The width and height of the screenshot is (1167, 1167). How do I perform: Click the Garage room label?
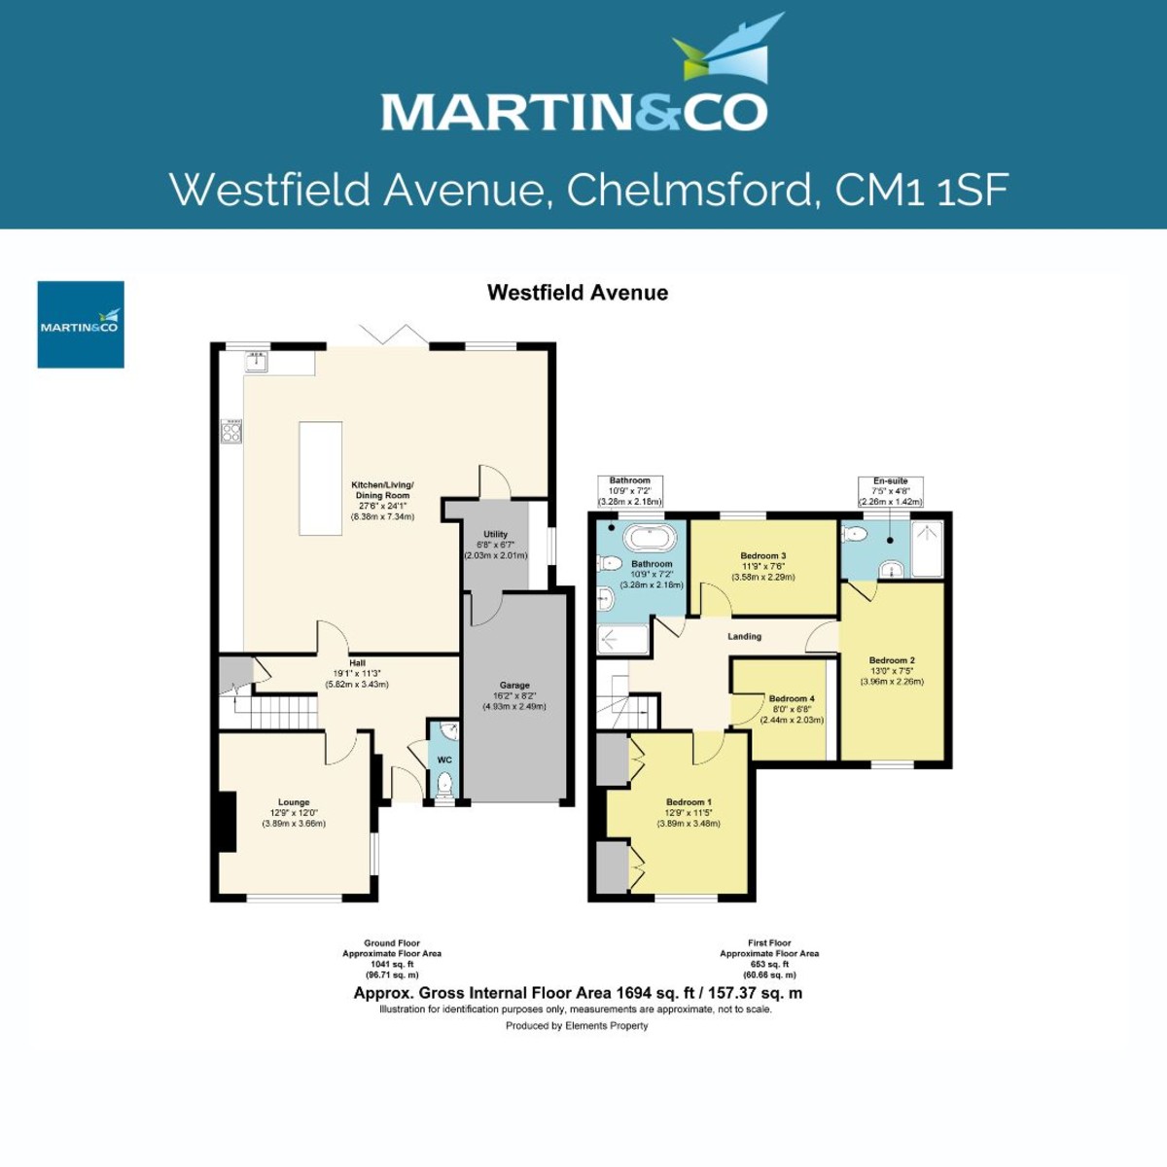tap(514, 686)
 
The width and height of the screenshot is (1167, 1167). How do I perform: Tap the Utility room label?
tap(495, 534)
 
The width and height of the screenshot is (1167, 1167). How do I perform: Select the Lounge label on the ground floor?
tap(294, 802)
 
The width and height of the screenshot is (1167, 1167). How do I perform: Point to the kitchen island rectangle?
tap(320, 477)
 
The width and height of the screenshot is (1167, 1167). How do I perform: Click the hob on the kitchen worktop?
tap(231, 431)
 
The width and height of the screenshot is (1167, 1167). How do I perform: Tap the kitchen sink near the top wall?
tap(256, 363)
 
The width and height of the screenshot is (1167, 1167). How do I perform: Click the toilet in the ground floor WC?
tap(444, 782)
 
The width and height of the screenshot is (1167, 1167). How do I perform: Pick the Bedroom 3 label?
tap(763, 556)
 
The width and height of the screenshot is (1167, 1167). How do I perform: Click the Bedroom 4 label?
tap(792, 698)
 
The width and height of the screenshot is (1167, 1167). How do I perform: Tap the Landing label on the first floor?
tap(745, 636)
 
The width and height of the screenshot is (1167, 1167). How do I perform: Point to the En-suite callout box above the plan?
tap(890, 491)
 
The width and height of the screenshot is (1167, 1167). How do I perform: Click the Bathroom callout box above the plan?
tap(630, 491)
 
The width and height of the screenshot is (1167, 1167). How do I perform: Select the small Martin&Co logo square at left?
tap(81, 325)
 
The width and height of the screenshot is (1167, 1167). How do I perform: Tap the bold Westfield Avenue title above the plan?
tap(578, 293)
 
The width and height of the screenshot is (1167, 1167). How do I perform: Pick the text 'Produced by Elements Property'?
tap(577, 1025)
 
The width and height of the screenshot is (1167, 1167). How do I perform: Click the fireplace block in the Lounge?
tap(226, 822)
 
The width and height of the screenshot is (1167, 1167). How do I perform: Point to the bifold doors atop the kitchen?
tap(393, 336)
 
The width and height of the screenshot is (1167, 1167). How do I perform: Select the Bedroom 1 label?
tap(689, 802)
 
